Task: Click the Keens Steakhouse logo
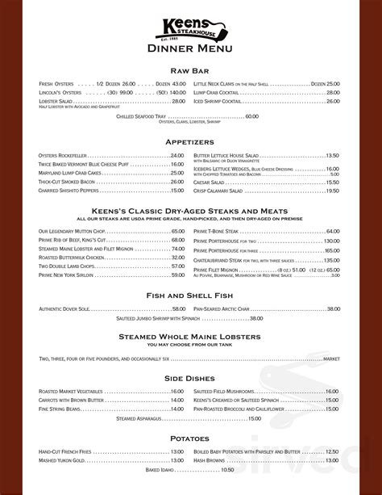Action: tap(191, 29)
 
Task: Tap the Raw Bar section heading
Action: tap(191, 71)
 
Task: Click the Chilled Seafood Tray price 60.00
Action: tap(251, 116)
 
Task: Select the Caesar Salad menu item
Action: tap(212, 182)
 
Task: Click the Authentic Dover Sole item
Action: tap(67, 309)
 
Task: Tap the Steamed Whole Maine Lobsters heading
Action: tap(191, 336)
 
